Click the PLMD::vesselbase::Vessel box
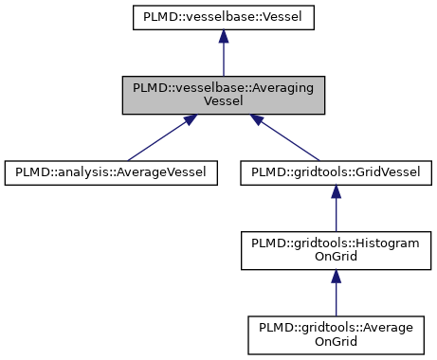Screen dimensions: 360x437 click(x=223, y=16)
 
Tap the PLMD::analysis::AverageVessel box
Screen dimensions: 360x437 click(x=112, y=171)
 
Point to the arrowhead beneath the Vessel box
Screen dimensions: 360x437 click(x=223, y=36)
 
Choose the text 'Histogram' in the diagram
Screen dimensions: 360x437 click(x=381, y=243)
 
